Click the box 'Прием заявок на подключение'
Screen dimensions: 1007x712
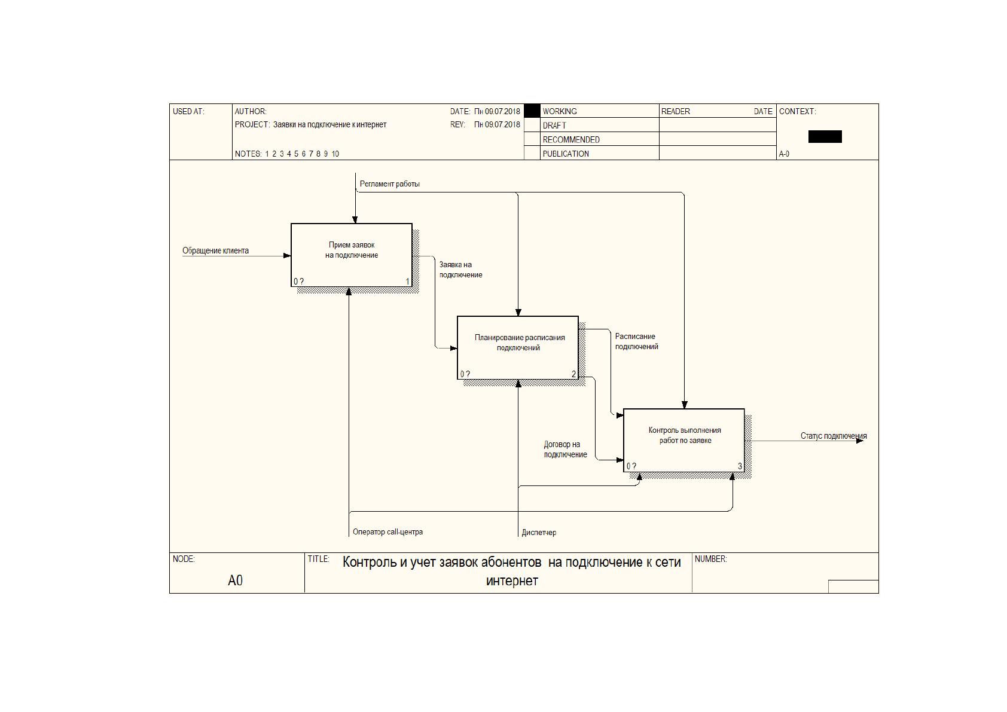tap(352, 255)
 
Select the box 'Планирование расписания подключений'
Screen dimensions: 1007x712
tap(518, 347)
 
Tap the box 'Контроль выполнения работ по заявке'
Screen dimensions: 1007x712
tap(684, 440)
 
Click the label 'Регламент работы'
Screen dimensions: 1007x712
tap(390, 184)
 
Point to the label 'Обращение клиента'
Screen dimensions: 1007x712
tap(215, 250)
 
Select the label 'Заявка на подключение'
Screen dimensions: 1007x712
tap(461, 270)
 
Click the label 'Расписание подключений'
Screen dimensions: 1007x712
tap(637, 341)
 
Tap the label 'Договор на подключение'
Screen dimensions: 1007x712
tap(566, 449)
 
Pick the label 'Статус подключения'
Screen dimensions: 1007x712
tap(834, 436)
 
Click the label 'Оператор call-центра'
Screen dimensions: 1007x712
tap(387, 531)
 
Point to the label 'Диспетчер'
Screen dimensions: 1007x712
tap(539, 532)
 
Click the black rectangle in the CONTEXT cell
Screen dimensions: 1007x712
tap(825, 137)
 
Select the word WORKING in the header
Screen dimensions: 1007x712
tap(560, 111)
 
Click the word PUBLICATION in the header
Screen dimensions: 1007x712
tap(566, 154)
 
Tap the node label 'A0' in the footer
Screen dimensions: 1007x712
tap(235, 580)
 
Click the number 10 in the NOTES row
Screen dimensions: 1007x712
tap(335, 154)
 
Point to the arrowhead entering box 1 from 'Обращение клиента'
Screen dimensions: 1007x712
tap(287, 256)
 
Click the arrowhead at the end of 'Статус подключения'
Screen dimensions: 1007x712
tap(860, 441)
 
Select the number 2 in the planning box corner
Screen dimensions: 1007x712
tap(573, 374)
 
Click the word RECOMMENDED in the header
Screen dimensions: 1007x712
tap(571, 139)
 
